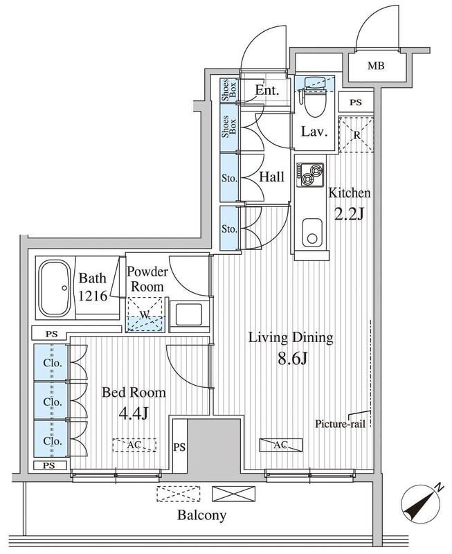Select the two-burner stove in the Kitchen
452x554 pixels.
tap(310, 175)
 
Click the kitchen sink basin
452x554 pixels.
tap(312, 233)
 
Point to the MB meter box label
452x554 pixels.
tap(375, 66)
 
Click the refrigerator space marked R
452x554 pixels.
tap(356, 134)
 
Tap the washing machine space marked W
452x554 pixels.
tap(145, 314)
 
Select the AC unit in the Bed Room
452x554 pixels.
tap(134, 445)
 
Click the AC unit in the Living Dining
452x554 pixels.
tap(281, 445)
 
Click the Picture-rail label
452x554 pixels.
tap(340, 424)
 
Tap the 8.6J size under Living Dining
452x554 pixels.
tap(293, 359)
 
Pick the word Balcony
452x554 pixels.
tap(201, 515)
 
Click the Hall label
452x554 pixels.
tap(271, 177)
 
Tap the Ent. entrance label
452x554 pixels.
tap(267, 91)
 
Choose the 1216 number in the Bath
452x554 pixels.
tap(93, 296)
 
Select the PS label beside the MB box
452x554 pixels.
tap(356, 102)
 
